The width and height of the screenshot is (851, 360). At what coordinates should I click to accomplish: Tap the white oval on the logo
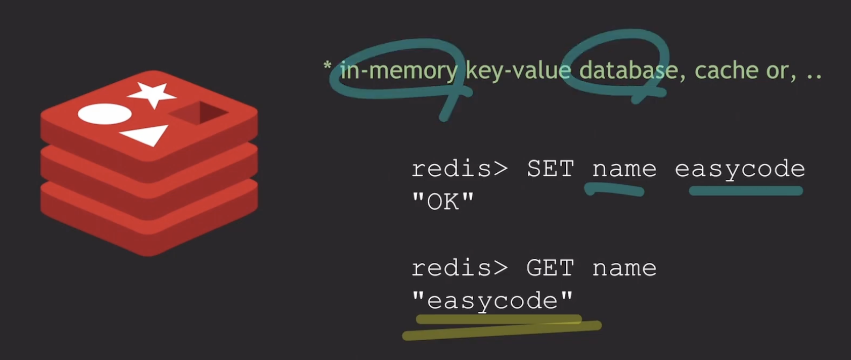click(104, 114)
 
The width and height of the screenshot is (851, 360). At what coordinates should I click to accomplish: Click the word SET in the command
click(550, 169)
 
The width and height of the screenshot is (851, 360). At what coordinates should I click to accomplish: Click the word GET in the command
click(550, 268)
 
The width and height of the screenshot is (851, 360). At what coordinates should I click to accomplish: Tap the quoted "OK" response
click(443, 202)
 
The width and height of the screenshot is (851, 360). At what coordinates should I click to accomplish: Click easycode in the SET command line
click(740, 169)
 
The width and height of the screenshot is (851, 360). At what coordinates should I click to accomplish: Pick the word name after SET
click(624, 169)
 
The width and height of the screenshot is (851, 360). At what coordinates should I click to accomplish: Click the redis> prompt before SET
click(460, 169)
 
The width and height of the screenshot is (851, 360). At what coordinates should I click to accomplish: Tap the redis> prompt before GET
click(460, 268)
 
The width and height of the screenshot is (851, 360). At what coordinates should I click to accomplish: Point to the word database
click(628, 71)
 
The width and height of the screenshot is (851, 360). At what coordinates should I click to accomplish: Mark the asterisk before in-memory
click(327, 65)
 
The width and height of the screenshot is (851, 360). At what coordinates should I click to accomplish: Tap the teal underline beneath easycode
click(745, 191)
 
